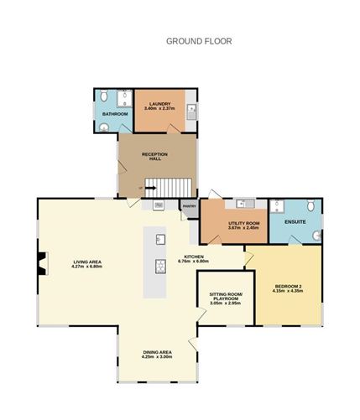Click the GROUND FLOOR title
pyautogui.click(x=199, y=40)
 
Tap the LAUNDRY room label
pyautogui.click(x=159, y=104)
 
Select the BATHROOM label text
pyautogui.click(x=115, y=113)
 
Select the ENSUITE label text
pyautogui.click(x=295, y=222)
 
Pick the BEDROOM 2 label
pyautogui.click(x=288, y=288)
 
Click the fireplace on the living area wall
pyautogui.click(x=40, y=264)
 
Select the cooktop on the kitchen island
pyautogui.click(x=158, y=267)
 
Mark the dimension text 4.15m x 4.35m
pyautogui.click(x=288, y=294)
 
